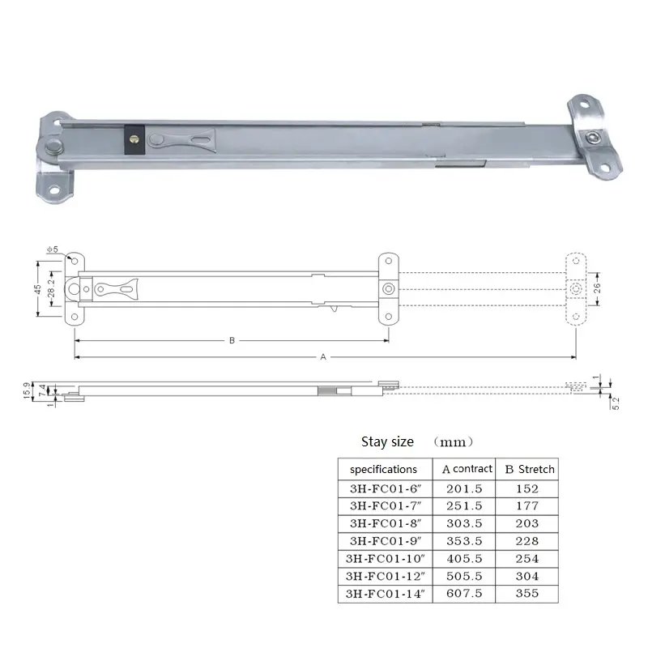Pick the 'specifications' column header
(x=383, y=469)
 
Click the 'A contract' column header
(x=467, y=469)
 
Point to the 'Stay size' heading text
(x=387, y=441)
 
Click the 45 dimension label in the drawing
(x=37, y=290)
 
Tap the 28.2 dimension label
(x=52, y=290)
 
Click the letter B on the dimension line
(x=232, y=341)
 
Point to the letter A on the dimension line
(x=324, y=356)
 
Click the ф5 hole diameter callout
(x=53, y=250)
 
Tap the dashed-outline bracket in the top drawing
(x=574, y=289)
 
